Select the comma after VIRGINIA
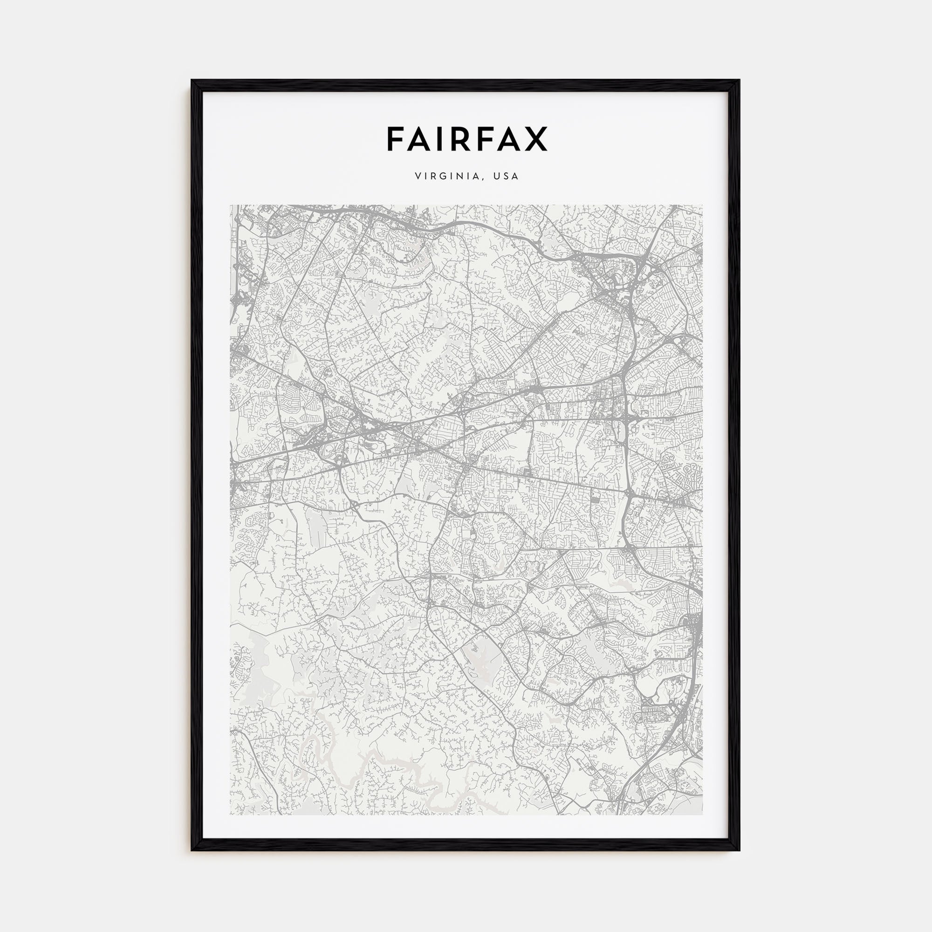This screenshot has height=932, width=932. pos(482,179)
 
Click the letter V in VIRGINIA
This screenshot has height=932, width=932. pos(417,177)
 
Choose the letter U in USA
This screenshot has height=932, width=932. pos(496,177)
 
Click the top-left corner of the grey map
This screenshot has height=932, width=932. pos(230,205)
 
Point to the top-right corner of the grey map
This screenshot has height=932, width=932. pos(702,205)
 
